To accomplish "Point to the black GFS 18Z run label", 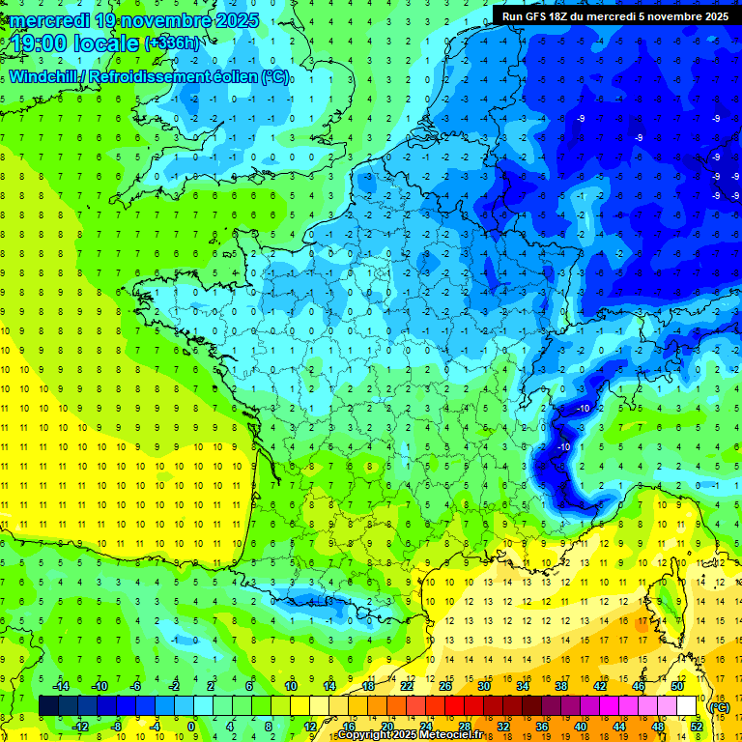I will (615, 16).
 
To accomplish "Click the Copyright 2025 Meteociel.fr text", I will (410, 735).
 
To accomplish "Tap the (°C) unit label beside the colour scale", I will (720, 706).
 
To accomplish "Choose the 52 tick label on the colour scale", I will (697, 727).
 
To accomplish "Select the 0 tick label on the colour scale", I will (190, 727).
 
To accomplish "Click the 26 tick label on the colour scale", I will (444, 686).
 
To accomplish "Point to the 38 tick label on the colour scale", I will (560, 686).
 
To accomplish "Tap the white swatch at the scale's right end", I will (687, 706).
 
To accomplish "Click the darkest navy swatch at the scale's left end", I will (48, 706).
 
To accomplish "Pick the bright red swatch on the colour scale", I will (454, 706).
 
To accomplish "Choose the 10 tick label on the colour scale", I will (290, 686).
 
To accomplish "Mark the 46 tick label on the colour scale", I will (638, 686).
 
